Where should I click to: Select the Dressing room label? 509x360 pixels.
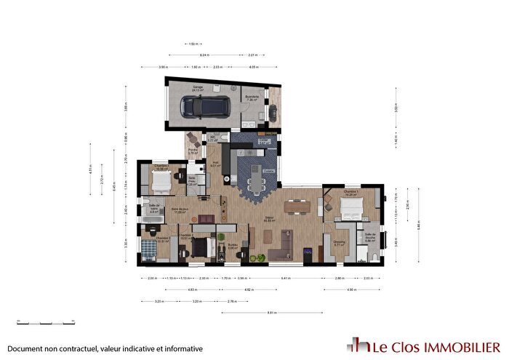pyautogui.click(x=339, y=243)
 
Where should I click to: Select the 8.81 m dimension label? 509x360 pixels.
pyautogui.click(x=271, y=313)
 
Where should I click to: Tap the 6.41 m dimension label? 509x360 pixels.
pyautogui.click(x=286, y=278)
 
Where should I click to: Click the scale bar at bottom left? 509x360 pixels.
pyautogui.click(x=36, y=321)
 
